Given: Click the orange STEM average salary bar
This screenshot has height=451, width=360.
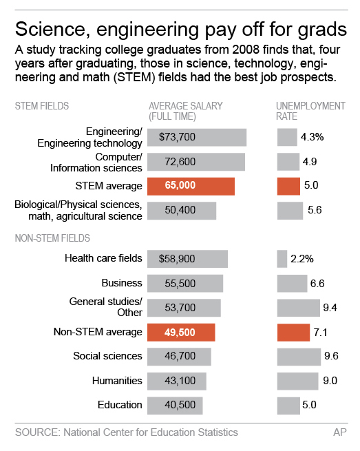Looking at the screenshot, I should pos(191,186).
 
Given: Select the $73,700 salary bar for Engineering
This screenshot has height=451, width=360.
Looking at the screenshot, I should pos(198,137).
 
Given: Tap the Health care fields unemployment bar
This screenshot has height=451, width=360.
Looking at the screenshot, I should pos(282,259).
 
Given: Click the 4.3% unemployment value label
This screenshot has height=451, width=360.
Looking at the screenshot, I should pos(312,137).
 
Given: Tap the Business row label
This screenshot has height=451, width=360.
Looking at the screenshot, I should pos(122,283).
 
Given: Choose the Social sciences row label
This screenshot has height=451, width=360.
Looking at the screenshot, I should pos(107,356).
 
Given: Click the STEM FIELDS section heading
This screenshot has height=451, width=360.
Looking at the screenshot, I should pos(42,106).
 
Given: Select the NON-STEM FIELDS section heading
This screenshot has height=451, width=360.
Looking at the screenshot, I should pos(54,238).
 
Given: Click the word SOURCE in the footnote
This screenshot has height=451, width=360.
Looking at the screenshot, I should pos(35,432).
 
